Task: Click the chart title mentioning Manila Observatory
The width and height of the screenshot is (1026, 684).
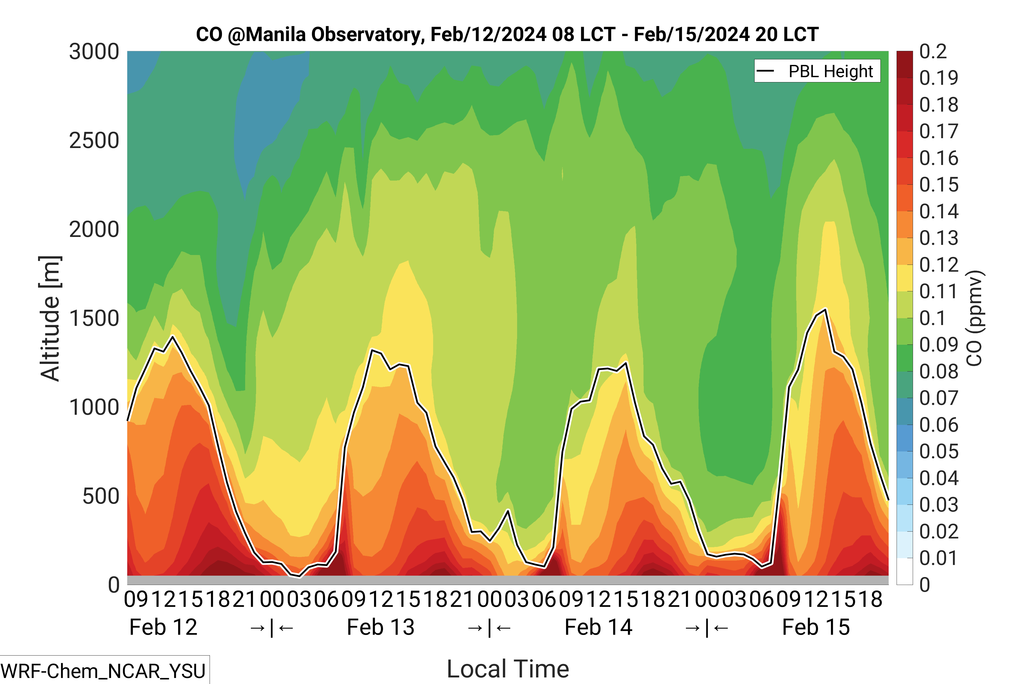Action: (x=507, y=34)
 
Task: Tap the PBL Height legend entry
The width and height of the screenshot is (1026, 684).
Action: (x=817, y=71)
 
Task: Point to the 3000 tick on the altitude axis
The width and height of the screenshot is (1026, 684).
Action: (x=94, y=52)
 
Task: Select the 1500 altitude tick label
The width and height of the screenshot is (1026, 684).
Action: (x=94, y=318)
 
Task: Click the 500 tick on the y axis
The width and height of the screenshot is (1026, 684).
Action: (x=101, y=496)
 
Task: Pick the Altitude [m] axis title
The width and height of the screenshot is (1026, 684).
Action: (x=50, y=318)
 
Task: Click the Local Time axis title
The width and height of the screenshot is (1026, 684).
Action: (x=508, y=669)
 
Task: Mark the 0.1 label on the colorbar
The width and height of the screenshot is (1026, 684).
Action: (x=933, y=318)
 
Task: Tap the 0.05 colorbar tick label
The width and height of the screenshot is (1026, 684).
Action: (x=939, y=451)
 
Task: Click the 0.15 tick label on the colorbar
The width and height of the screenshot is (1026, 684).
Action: (x=939, y=185)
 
